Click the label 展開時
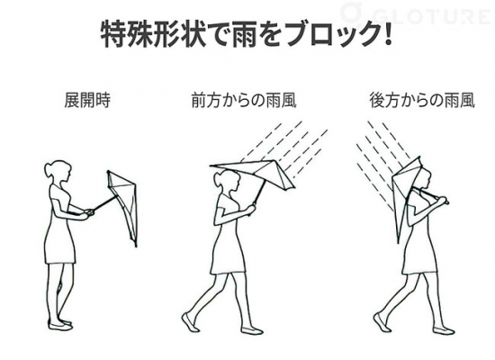pyautogui.click(x=87, y=100)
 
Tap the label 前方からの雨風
pyautogui.click(x=244, y=100)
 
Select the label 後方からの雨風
pyautogui.click(x=422, y=100)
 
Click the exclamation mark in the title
pyautogui.click(x=388, y=32)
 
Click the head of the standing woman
pyautogui.click(x=58, y=173)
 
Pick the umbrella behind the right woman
pyautogui.click(x=406, y=190)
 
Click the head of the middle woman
pyautogui.click(x=227, y=181)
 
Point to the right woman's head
pyautogui.click(x=423, y=178)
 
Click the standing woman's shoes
pyautogui.click(x=60, y=324)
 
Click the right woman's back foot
pyautogui.click(x=381, y=321)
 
